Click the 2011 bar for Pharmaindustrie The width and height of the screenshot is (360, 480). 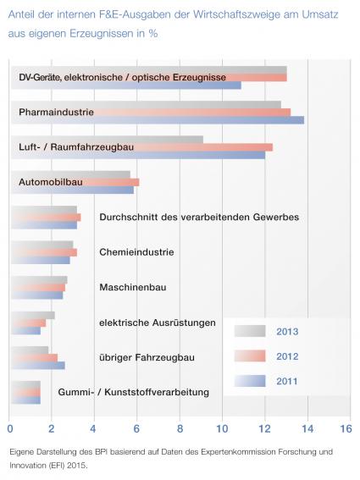click(x=158, y=120)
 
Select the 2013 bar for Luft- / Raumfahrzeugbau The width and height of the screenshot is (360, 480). click(x=108, y=140)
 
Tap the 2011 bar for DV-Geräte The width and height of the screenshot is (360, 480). click(x=126, y=86)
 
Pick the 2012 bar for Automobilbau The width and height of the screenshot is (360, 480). click(x=75, y=182)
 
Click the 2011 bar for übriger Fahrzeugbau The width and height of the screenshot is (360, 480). click(x=38, y=366)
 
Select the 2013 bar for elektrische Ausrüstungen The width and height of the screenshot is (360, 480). click(x=33, y=315)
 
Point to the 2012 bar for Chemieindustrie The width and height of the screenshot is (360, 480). click(x=44, y=252)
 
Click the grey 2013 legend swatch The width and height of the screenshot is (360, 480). click(x=250, y=331)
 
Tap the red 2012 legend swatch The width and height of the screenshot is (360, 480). click(x=250, y=356)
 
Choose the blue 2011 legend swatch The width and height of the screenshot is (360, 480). click(x=250, y=381)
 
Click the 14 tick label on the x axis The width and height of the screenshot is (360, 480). click(x=307, y=429)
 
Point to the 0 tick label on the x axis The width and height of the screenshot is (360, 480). click(x=10, y=429)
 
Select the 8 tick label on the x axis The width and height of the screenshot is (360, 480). click(x=180, y=429)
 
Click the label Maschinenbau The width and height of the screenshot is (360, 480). click(x=133, y=288)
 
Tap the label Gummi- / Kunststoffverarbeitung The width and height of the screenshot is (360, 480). click(x=134, y=392)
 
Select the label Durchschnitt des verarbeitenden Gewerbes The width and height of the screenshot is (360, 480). click(x=199, y=218)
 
